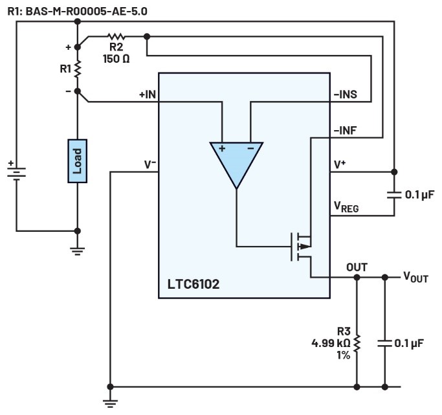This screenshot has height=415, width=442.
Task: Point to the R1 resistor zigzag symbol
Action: pos(77,69)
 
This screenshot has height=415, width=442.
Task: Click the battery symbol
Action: pos(16,172)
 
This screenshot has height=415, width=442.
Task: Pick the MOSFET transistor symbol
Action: pos(302,247)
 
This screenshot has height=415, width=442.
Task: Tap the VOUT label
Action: pos(415,278)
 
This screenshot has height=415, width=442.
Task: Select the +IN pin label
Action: pos(148,95)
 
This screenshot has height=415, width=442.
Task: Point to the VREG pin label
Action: pos(346,207)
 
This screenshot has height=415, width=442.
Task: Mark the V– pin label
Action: pos(149,164)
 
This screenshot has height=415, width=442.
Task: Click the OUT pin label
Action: pos(357,267)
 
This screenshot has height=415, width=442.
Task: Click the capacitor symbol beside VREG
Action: pos(394,194)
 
